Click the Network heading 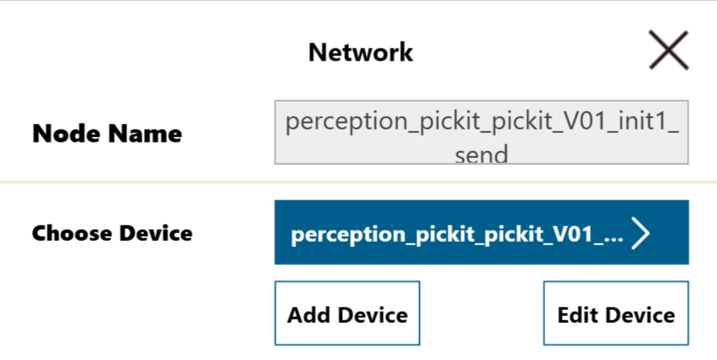pyautogui.click(x=361, y=52)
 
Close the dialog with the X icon pyautogui.click(x=669, y=50)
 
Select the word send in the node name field pyautogui.click(x=481, y=155)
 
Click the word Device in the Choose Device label pyautogui.click(x=156, y=233)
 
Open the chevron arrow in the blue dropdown pyautogui.click(x=640, y=233)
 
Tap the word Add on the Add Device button pyautogui.click(x=310, y=315)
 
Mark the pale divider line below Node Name pyautogui.click(x=358, y=182)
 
